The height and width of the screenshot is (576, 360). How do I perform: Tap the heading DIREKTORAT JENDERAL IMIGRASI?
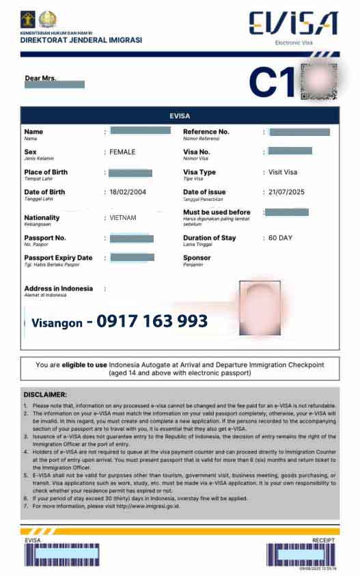(x=81, y=40)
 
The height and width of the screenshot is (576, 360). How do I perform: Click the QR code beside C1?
(x=319, y=81)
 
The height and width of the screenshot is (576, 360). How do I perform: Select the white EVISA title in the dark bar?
(x=180, y=115)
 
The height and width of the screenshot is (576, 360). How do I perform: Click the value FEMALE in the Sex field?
(x=123, y=152)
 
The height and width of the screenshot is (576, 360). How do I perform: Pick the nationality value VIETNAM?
(x=123, y=218)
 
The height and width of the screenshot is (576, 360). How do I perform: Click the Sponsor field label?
(x=197, y=258)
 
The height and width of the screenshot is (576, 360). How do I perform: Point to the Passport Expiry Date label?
(x=58, y=258)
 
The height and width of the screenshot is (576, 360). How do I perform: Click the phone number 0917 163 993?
(x=152, y=321)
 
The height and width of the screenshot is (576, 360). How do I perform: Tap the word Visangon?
(x=57, y=323)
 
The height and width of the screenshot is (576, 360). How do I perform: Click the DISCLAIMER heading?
(x=45, y=394)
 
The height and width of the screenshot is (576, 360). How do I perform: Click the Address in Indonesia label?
(x=58, y=288)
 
